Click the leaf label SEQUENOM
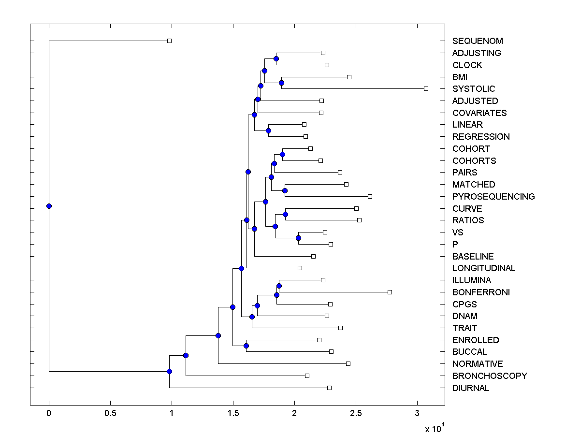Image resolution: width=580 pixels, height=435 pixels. tap(478, 41)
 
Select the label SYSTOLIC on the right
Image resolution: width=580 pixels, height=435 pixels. tap(474, 89)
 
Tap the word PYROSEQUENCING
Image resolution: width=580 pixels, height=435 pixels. tap(493, 197)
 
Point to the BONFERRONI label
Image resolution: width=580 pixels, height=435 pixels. tap(481, 292)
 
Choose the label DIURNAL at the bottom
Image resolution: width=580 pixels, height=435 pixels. tap(471, 388)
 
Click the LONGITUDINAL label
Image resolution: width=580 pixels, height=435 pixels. tap(484, 268)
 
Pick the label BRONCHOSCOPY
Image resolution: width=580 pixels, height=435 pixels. tap(490, 376)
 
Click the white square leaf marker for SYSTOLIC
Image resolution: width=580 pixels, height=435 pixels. tap(426, 88)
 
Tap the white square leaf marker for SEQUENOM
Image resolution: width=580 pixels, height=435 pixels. tap(169, 41)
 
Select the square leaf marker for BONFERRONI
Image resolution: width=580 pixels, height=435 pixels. tap(390, 292)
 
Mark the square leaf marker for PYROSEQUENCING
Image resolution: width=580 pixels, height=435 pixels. tap(370, 196)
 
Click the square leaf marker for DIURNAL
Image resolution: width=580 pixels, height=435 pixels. tap(329, 388)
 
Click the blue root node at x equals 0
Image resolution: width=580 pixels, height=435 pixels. tap(49, 206)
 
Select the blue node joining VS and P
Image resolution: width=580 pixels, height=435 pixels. tap(298, 238)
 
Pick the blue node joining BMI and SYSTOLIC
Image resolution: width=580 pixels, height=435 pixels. tap(281, 83)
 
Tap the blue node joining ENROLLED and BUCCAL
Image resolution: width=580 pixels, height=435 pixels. tap(246, 346)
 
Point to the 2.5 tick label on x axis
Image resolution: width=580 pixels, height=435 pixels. tap(356, 414)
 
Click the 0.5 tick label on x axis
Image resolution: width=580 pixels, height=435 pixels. tap(110, 414)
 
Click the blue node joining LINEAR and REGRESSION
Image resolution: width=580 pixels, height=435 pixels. tap(268, 130)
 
